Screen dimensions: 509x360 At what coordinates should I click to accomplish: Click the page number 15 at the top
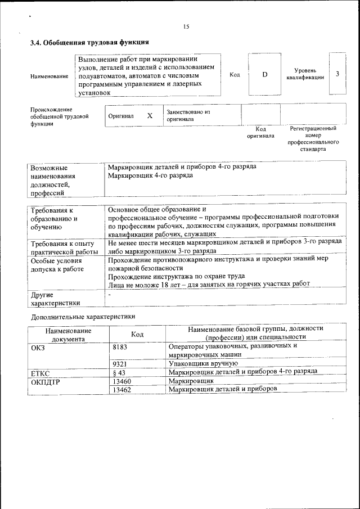point(186,26)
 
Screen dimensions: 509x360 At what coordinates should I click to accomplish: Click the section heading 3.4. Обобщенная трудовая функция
point(89,42)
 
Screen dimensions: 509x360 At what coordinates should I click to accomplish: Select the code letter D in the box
point(264,74)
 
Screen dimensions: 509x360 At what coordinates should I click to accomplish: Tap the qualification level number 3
point(337,74)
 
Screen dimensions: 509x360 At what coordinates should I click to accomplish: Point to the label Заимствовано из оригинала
point(188,115)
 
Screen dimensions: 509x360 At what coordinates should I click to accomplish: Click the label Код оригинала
point(260,132)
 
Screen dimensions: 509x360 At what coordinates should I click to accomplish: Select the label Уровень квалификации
point(305,74)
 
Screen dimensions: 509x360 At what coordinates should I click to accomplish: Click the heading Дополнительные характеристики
point(83,317)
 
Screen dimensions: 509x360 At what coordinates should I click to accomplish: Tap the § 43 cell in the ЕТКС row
point(119,372)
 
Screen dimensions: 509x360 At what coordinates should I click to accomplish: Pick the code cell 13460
point(122,381)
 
